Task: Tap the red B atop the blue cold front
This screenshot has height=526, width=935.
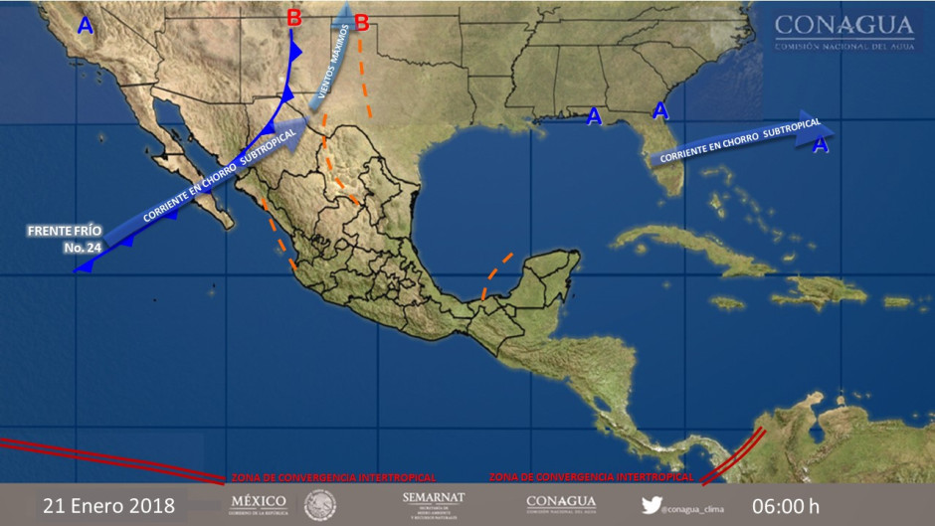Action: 293,17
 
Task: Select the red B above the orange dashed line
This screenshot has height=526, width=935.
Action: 361,22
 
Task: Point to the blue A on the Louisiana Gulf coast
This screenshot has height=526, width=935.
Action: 594,117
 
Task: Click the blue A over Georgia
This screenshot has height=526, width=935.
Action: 659,110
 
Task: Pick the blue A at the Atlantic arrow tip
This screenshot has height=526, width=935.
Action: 820,146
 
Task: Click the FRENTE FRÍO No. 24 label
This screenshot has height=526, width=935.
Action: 65,238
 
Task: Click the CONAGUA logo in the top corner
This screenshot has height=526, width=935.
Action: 844,31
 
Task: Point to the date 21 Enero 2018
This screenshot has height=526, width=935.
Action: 108,506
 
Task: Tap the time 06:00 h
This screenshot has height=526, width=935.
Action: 786,506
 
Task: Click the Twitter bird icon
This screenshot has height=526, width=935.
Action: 651,505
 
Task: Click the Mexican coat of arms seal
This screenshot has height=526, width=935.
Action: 320,504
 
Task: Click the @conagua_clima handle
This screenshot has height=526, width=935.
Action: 695,508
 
